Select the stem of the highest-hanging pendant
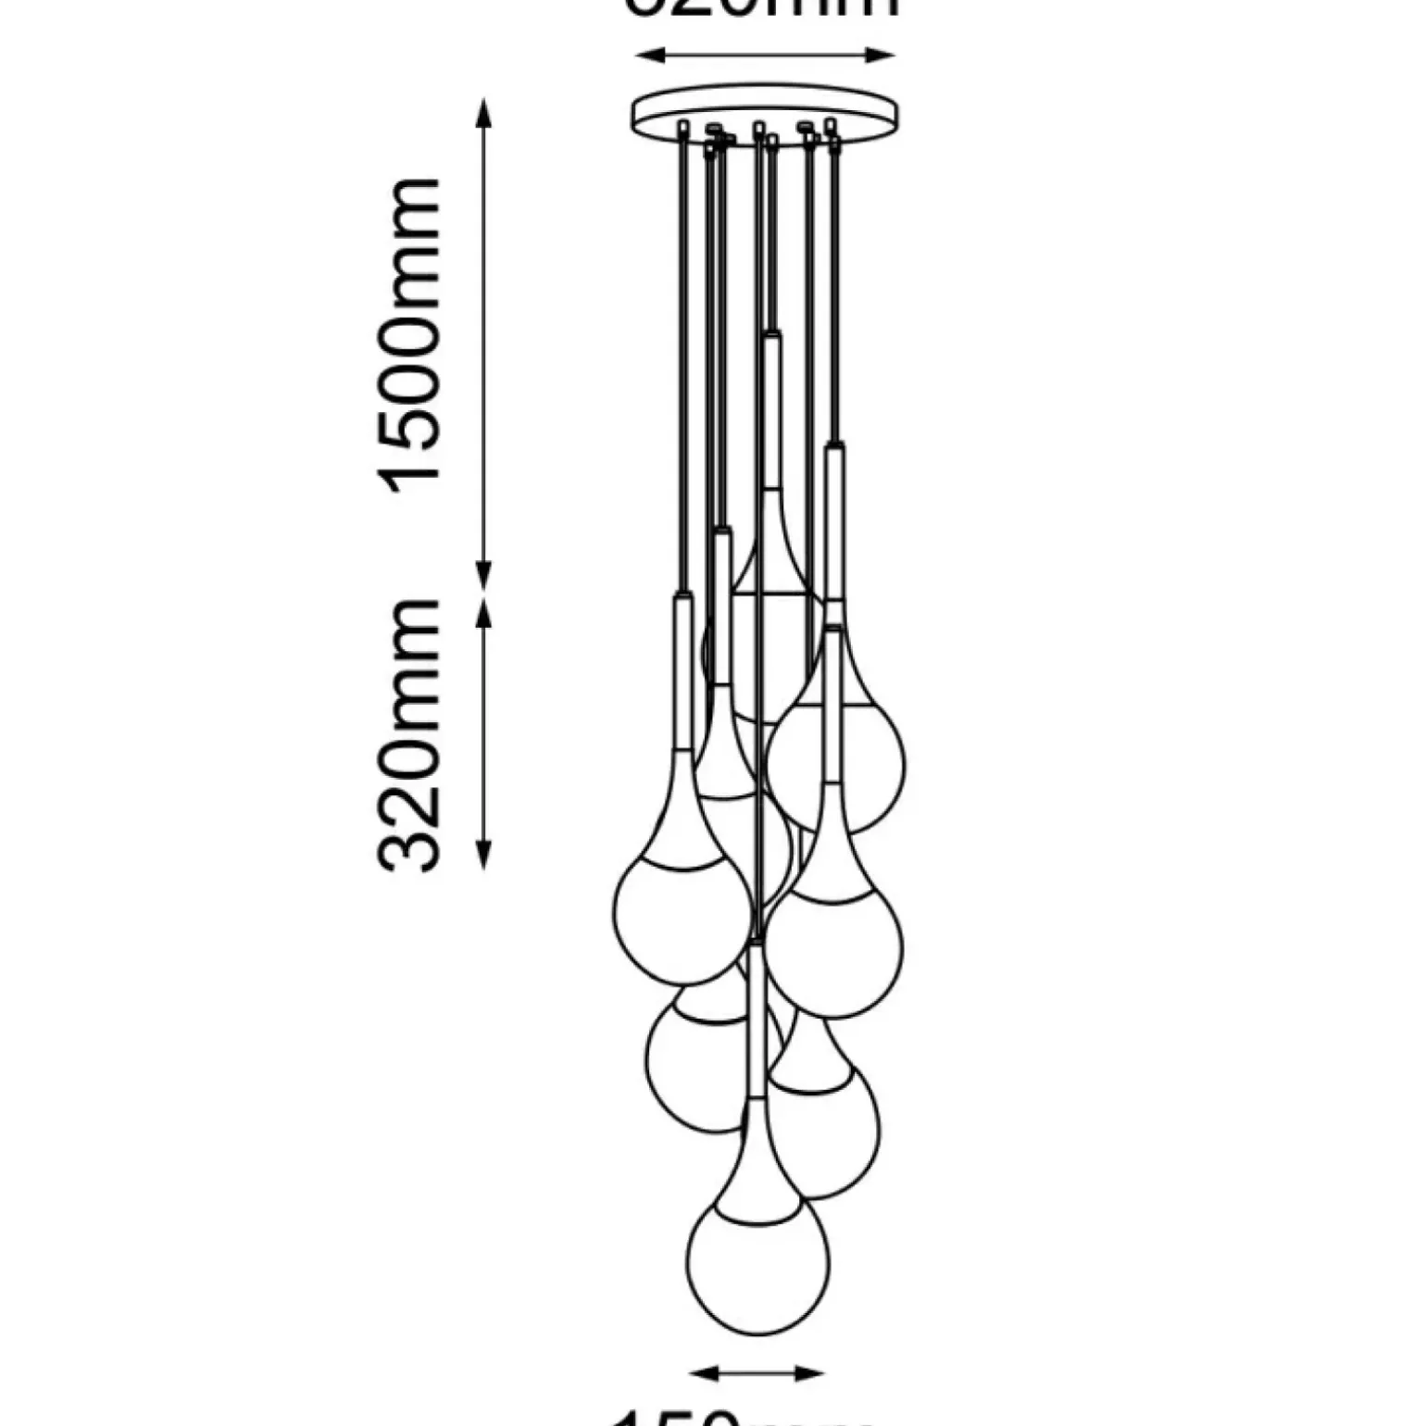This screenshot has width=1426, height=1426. click(770, 407)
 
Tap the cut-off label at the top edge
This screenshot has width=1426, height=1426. click(765, 7)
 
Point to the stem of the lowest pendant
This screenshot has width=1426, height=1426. click(757, 1019)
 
